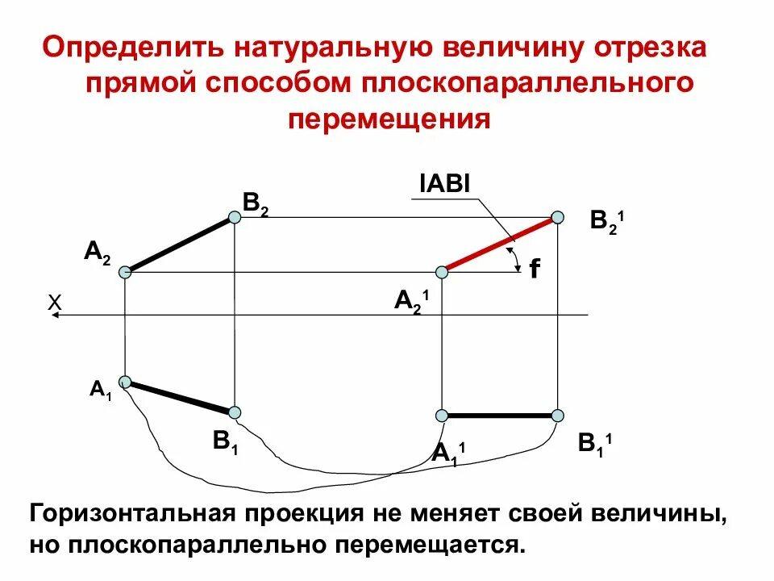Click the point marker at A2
click(125, 273)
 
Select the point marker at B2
click(234, 217)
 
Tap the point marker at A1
click(125, 381)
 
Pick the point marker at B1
click(235, 412)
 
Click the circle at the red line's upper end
click(556, 217)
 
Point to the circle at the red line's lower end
click(441, 272)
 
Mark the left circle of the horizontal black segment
click(441, 415)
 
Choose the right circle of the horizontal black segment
click(557, 415)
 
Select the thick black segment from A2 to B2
click(179, 245)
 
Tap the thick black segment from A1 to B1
click(180, 397)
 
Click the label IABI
click(444, 185)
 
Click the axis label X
click(55, 302)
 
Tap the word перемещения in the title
click(389, 119)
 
